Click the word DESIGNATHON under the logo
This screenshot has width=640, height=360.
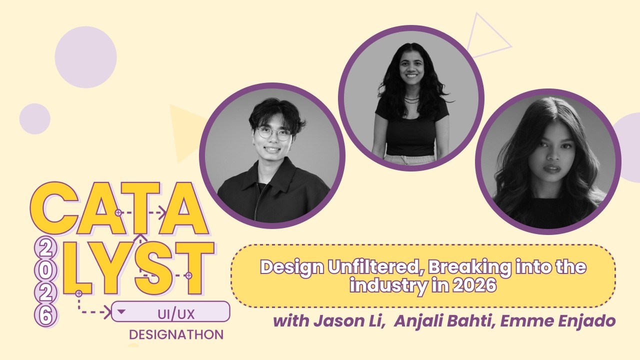click(x=176, y=334)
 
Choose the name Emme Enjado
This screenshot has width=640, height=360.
click(x=558, y=320)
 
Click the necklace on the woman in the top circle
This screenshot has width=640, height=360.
click(x=411, y=99)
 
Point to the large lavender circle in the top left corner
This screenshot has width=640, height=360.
click(x=85, y=57)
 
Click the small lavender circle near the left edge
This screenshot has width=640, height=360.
click(x=34, y=119)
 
